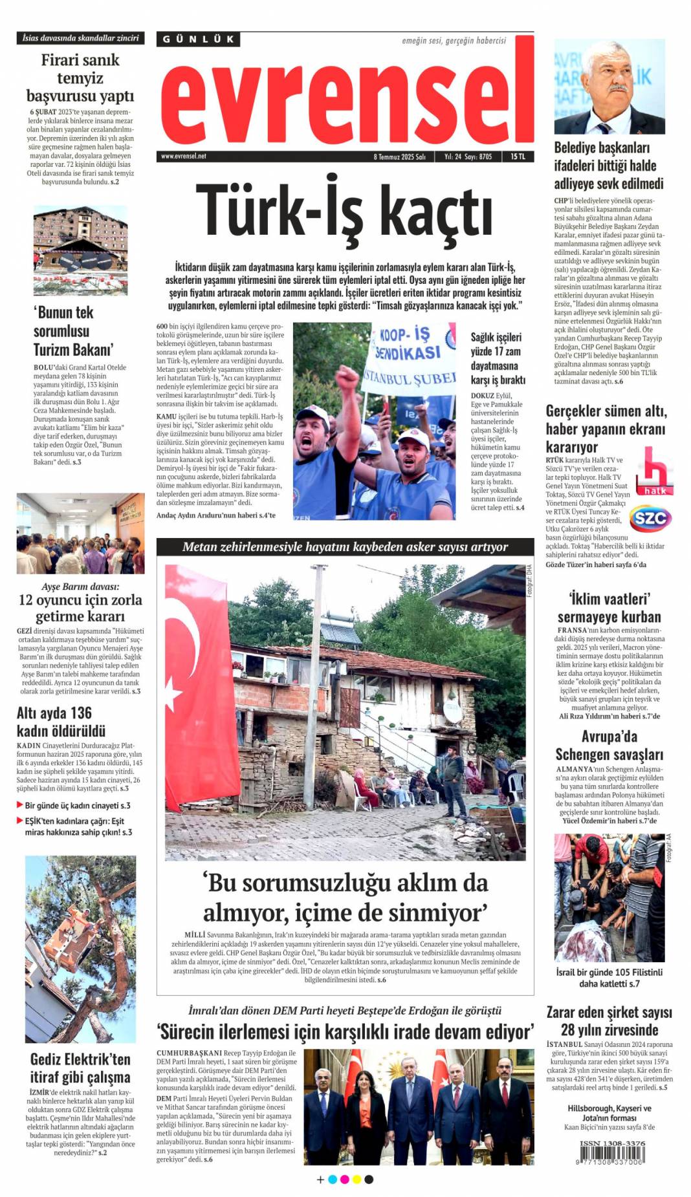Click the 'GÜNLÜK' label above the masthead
[198, 39]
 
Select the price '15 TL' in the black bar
[518, 156]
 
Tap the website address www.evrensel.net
[183, 156]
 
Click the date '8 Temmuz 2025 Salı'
[399, 156]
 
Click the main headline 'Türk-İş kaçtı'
[344, 212]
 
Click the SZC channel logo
[650, 518]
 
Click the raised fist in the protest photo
[346, 382]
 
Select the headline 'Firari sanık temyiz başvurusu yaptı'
[80, 78]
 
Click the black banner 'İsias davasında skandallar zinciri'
[80, 38]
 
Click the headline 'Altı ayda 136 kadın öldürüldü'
[61, 722]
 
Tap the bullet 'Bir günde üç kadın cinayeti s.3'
[77, 805]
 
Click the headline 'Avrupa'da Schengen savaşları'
[609, 745]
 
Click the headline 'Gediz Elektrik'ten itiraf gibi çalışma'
[80, 1068]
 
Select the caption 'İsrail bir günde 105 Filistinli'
[609, 972]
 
